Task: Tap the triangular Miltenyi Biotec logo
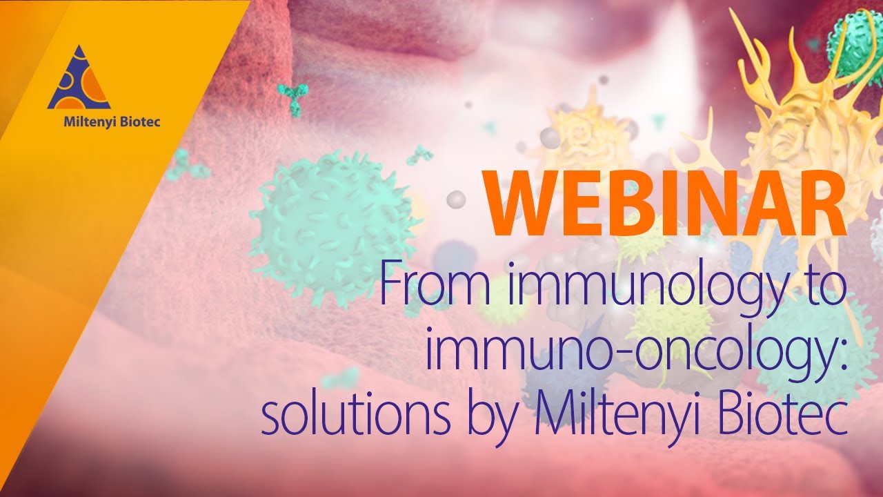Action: coord(78,79)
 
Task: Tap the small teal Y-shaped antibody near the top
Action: coord(292,98)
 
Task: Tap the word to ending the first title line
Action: coord(826,291)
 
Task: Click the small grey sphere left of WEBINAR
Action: coord(456,200)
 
